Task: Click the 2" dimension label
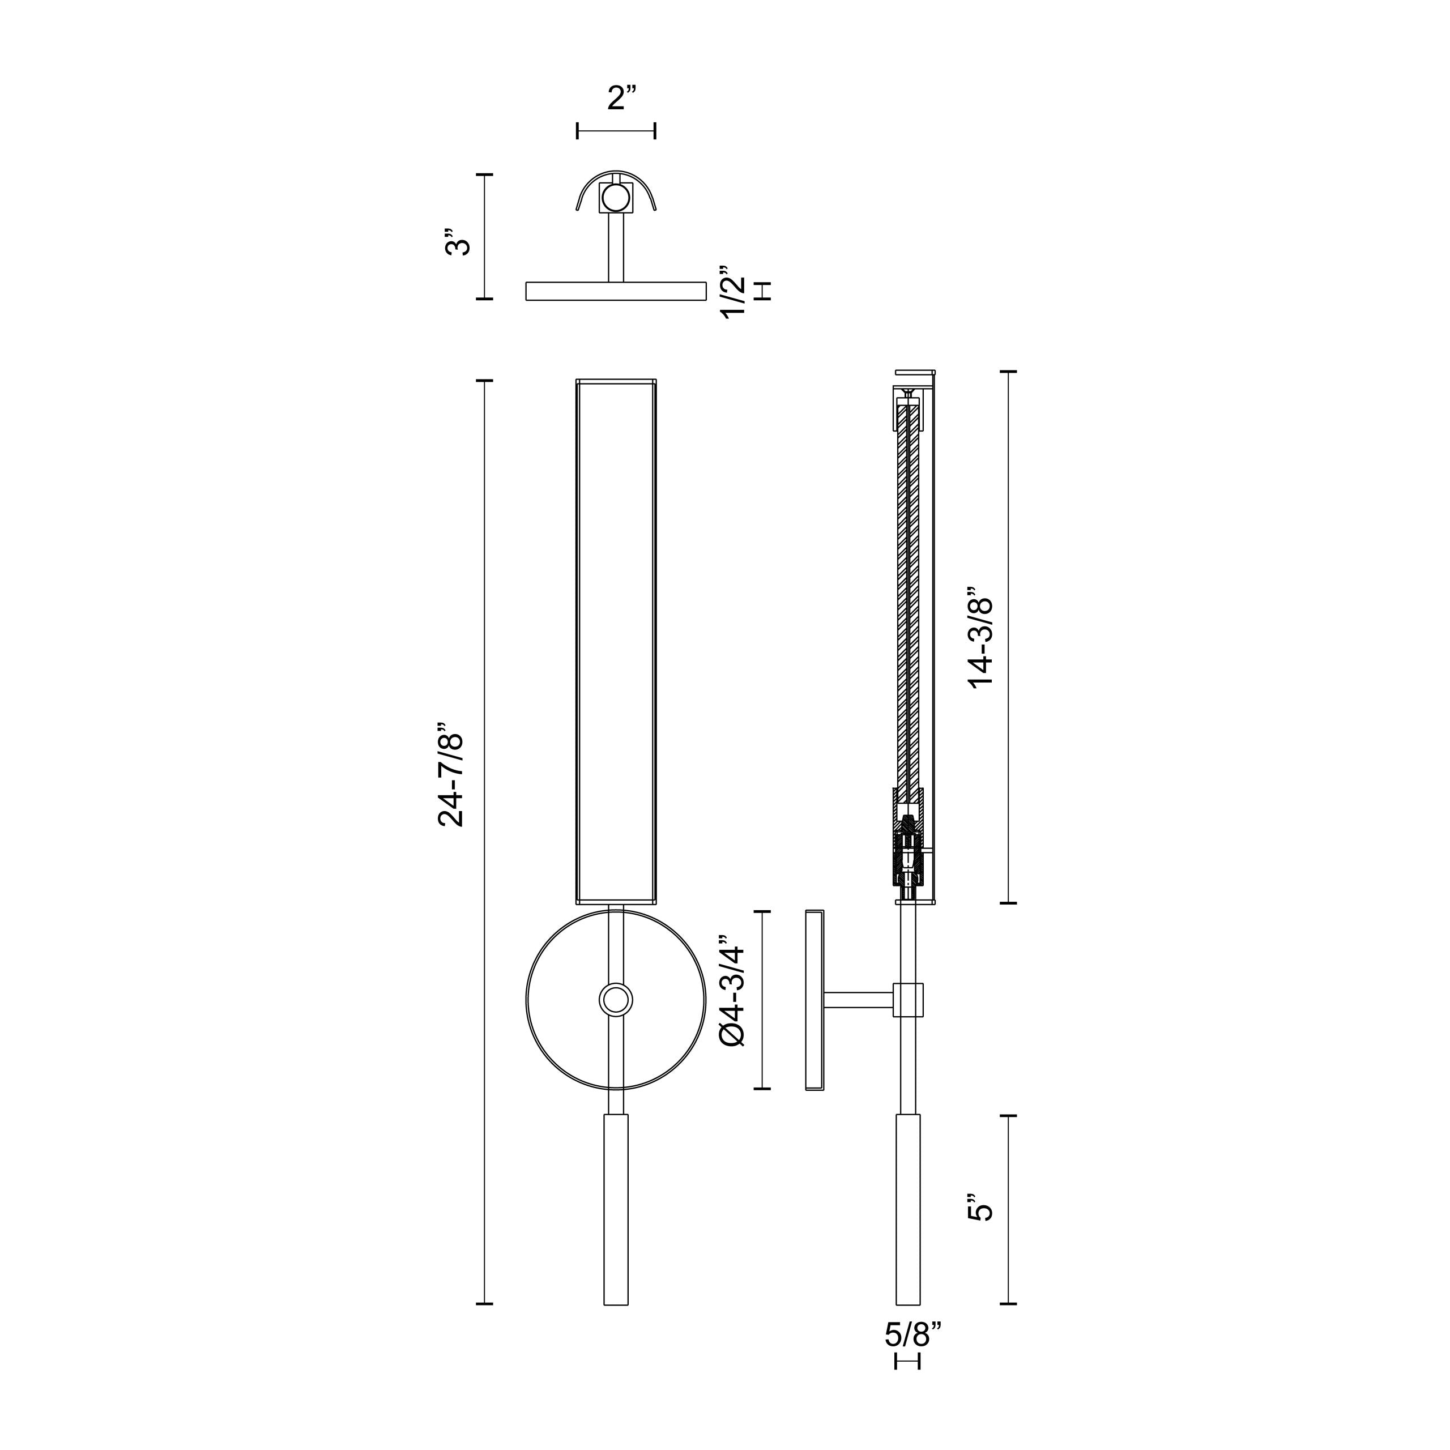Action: tap(621, 99)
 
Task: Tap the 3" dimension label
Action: tap(458, 242)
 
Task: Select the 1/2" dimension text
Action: tap(733, 291)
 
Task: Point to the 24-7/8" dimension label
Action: tap(452, 775)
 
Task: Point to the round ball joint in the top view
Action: tap(616, 199)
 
